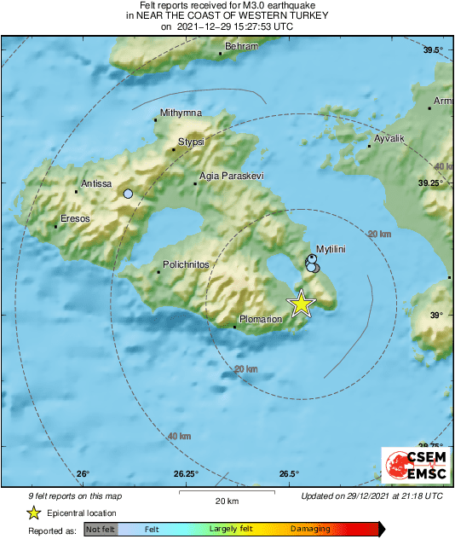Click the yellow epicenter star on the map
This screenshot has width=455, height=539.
coord(301,304)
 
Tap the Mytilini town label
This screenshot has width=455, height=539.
coord(330,247)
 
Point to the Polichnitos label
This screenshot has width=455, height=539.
coord(185,265)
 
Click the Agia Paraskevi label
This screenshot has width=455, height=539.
coord(231,176)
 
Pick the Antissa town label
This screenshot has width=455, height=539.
coord(95,183)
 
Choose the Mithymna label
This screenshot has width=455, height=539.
coord(181,113)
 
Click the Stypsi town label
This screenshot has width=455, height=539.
coord(191,142)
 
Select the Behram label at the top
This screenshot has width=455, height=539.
coord(241,46)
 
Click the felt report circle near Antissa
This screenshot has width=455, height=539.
coord(128,194)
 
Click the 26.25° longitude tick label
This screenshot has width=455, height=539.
coord(187,474)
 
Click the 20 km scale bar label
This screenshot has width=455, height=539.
coord(226,500)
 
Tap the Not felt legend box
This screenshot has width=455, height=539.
coord(100,529)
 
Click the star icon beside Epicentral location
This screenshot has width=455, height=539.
coord(32,513)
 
